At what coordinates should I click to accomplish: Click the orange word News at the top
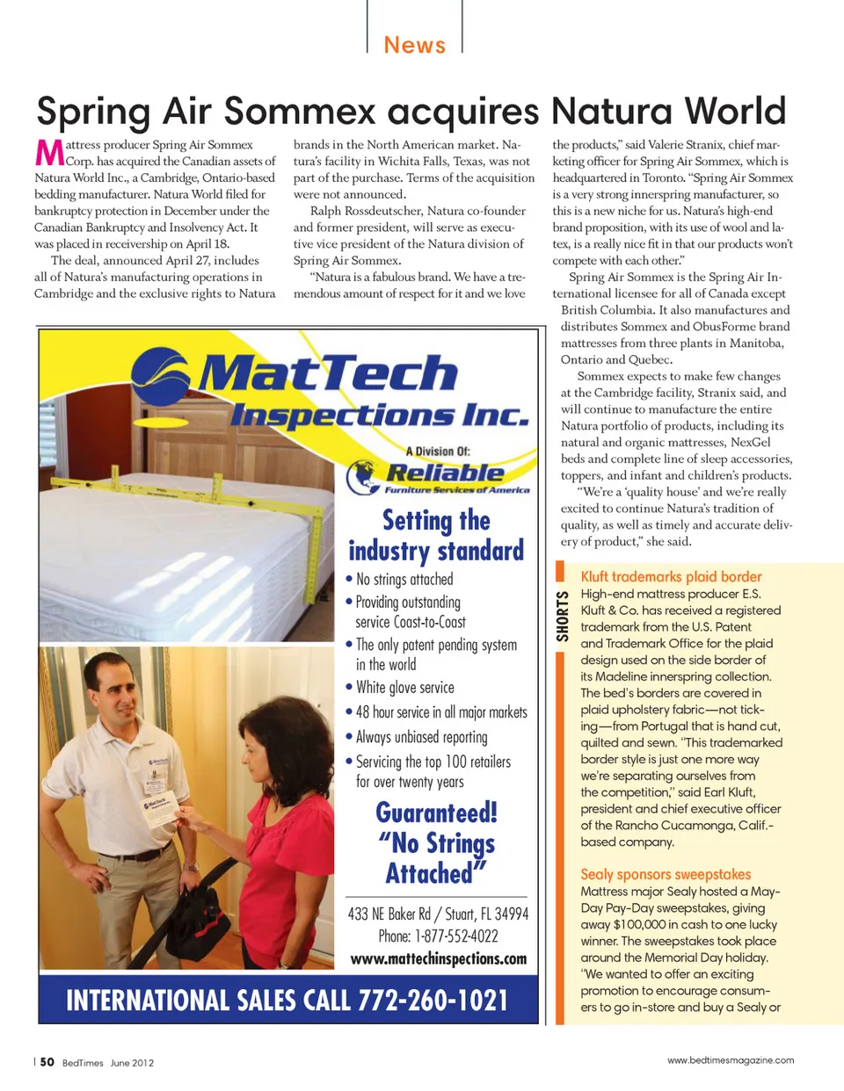414,45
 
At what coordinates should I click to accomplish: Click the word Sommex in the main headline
300,112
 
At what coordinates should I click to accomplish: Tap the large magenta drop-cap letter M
49,153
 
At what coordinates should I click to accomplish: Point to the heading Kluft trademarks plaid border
671,576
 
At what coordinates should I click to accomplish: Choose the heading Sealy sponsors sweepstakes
666,874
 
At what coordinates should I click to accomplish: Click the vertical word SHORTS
563,617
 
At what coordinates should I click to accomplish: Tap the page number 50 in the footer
47,1062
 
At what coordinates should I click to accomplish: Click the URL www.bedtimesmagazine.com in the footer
730,1060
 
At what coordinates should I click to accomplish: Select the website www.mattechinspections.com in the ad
438,958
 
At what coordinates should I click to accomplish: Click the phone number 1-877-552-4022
456,936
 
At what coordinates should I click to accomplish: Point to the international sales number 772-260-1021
433,1000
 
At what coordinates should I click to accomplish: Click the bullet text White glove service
405,687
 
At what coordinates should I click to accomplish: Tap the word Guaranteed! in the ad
436,813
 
